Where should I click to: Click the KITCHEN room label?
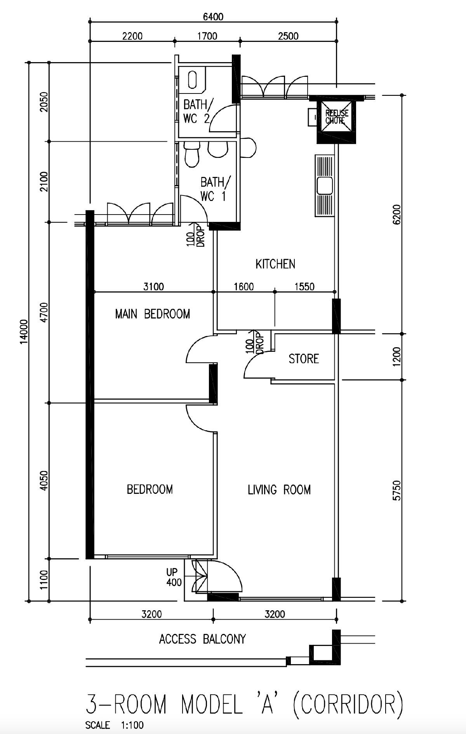pyautogui.click(x=275, y=264)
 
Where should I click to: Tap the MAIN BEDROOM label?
pyautogui.click(x=153, y=314)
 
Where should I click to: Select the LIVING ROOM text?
pyautogui.click(x=279, y=490)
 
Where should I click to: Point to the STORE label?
pyautogui.click(x=304, y=359)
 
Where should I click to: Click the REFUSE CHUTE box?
pyautogui.click(x=337, y=117)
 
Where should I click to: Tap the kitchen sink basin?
pyautogui.click(x=325, y=185)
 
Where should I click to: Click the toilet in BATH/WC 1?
pyautogui.click(x=192, y=154)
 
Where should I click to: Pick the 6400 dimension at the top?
pyautogui.click(x=213, y=17)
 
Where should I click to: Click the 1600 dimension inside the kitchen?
pyautogui.click(x=244, y=287)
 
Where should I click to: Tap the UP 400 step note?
pyautogui.click(x=173, y=577)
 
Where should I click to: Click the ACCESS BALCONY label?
pyautogui.click(x=202, y=639)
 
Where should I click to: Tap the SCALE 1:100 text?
pyautogui.click(x=114, y=725)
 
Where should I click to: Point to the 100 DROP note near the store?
pyautogui.click(x=254, y=342)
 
